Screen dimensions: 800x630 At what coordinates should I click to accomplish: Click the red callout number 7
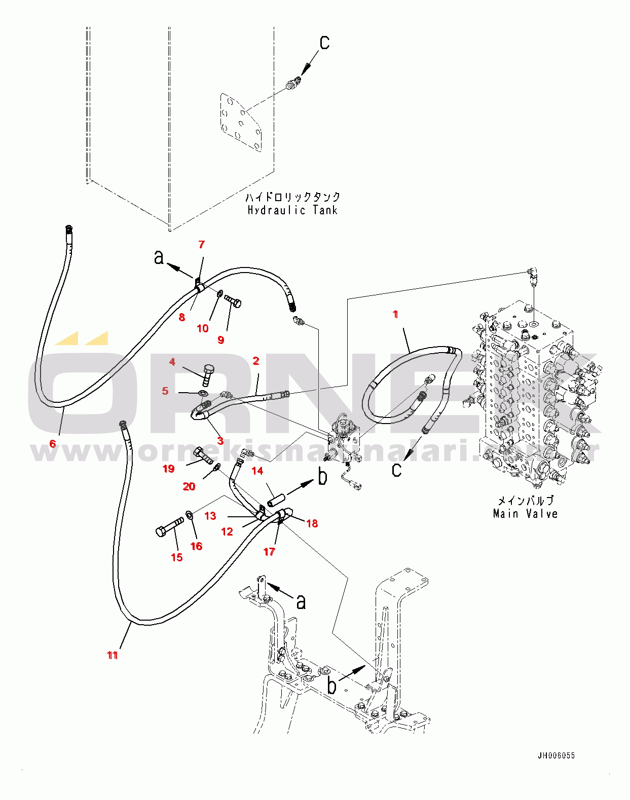[x=201, y=245]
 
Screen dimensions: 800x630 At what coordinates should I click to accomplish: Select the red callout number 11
[x=113, y=655]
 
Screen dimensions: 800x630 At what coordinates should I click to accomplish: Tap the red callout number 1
[x=395, y=315]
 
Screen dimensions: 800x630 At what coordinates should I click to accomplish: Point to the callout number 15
[x=176, y=557]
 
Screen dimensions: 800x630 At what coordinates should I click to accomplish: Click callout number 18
[x=312, y=523]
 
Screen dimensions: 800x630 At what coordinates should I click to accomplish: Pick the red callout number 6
[x=53, y=444]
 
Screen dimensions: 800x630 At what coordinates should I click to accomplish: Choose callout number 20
[x=189, y=486]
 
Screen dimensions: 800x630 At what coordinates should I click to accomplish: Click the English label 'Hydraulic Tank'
[x=292, y=210]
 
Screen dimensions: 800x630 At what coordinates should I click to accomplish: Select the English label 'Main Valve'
[x=525, y=514]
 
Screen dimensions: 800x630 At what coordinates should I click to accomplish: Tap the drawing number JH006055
[x=556, y=755]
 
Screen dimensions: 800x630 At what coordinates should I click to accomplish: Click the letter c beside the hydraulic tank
[x=324, y=42]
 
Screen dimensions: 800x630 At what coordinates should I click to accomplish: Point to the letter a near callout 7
[x=159, y=257]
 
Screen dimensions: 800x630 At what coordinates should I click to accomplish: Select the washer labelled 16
[x=189, y=515]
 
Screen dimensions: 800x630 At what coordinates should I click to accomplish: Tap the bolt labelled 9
[x=233, y=301]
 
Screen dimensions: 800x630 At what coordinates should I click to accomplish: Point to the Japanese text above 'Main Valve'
[x=525, y=501]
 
